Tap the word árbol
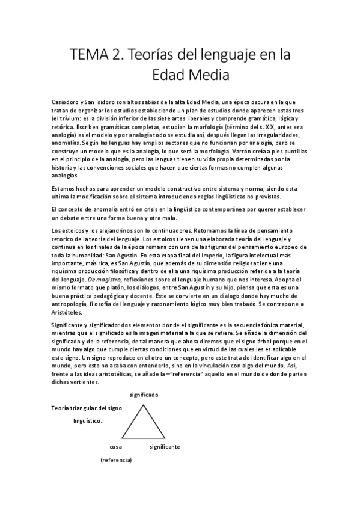click(x=266, y=341)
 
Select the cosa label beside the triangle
click(x=117, y=447)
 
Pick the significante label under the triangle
click(x=165, y=447)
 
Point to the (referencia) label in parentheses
click(x=117, y=461)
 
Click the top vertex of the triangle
click(x=144, y=406)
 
